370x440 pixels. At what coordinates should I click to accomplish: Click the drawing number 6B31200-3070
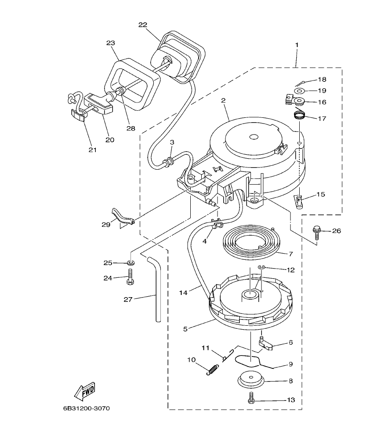click(x=86, y=408)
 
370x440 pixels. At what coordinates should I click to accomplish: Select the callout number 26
click(x=336, y=230)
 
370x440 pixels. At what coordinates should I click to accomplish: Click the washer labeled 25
click(x=130, y=263)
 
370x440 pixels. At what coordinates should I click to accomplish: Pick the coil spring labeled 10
click(x=212, y=370)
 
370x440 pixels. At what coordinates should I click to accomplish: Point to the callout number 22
click(x=143, y=25)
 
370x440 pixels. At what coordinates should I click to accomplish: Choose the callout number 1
click(x=297, y=45)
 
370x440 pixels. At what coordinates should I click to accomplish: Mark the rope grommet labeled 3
click(x=168, y=164)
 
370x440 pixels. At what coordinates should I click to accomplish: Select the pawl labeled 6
click(x=265, y=344)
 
